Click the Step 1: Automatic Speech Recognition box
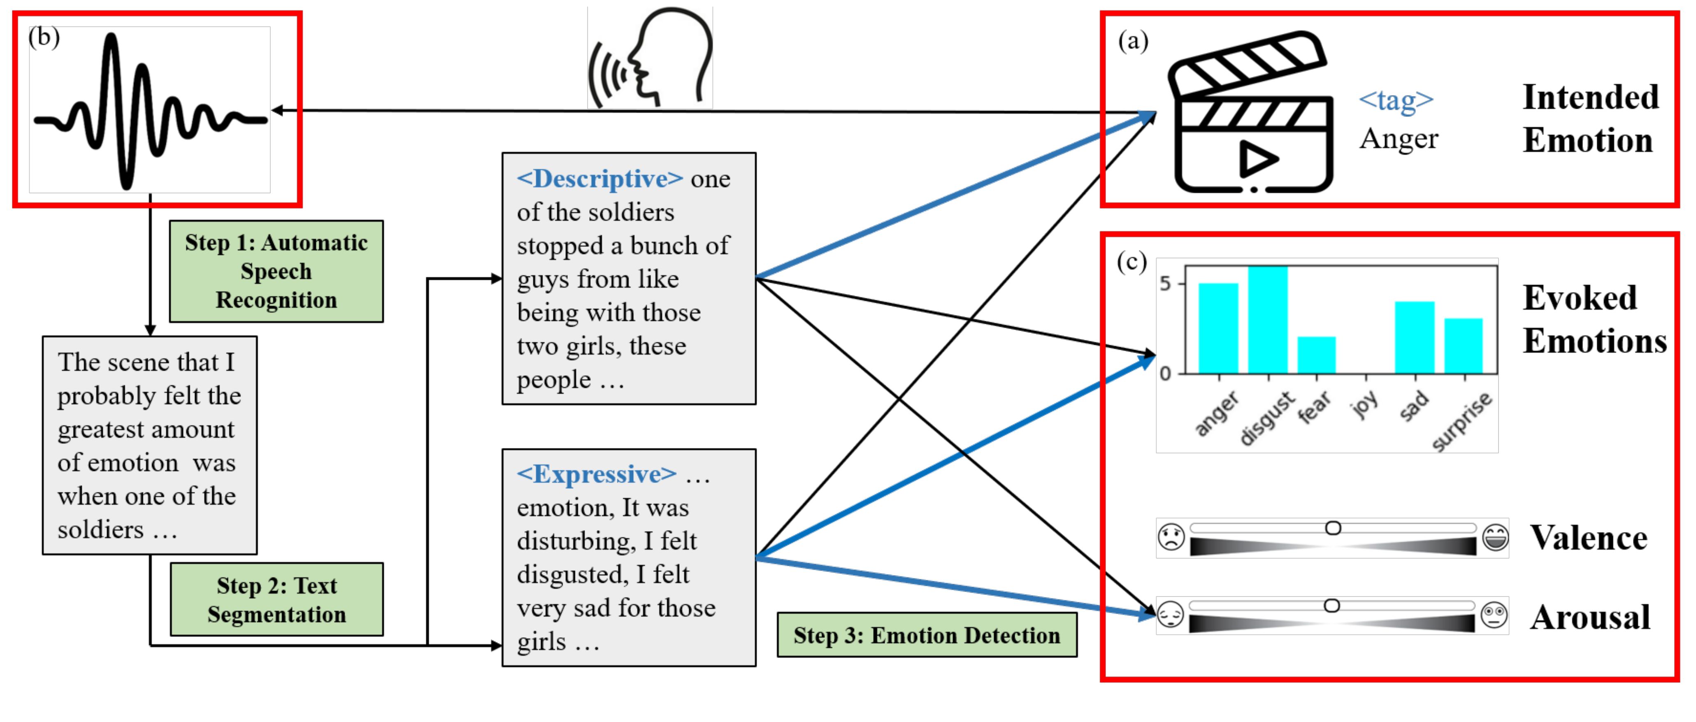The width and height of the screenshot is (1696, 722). tap(276, 271)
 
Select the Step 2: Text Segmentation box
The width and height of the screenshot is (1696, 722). tap(276, 599)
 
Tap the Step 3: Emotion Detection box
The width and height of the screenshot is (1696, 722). tap(927, 635)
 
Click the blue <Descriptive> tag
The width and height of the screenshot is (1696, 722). tap(600, 179)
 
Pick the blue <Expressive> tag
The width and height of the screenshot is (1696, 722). tap(597, 474)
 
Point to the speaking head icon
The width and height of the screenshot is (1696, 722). tap(650, 57)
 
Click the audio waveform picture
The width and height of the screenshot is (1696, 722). tap(150, 110)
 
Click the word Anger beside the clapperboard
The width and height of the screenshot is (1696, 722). tap(1399, 139)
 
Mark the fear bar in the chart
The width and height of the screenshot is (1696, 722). tap(1317, 355)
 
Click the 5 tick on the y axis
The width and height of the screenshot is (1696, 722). tap(1165, 284)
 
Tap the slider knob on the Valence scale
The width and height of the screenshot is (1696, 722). tap(1333, 528)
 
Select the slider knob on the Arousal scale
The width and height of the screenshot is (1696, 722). tap(1332, 606)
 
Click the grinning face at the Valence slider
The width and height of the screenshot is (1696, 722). tap(1495, 538)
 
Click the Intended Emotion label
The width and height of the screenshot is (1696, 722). tap(1591, 118)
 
